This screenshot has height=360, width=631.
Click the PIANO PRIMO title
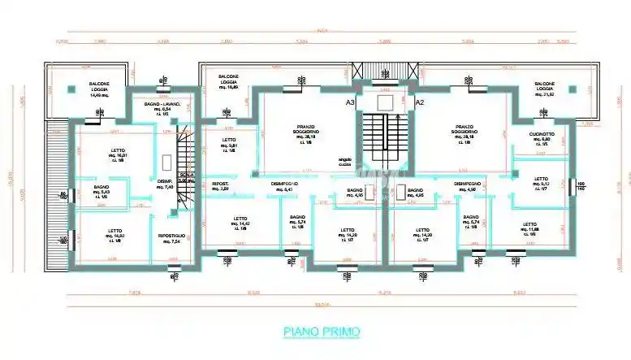click(x=321, y=332)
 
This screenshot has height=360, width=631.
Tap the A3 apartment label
click(x=350, y=103)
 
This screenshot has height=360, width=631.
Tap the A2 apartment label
click(x=420, y=103)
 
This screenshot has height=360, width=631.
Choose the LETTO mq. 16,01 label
click(x=119, y=154)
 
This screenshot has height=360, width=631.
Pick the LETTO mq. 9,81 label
click(x=228, y=144)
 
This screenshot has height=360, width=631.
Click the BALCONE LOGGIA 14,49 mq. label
click(x=98, y=89)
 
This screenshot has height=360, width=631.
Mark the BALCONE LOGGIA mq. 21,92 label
click(x=543, y=88)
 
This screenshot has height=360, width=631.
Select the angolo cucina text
click(x=339, y=163)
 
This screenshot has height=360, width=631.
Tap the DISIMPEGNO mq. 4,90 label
click(x=469, y=188)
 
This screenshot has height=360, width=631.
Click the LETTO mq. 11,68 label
click(x=529, y=228)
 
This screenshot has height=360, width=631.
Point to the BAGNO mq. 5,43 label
click(x=102, y=191)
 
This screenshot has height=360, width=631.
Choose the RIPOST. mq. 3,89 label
click(x=220, y=188)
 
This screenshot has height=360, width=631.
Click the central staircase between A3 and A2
click(x=385, y=138)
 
